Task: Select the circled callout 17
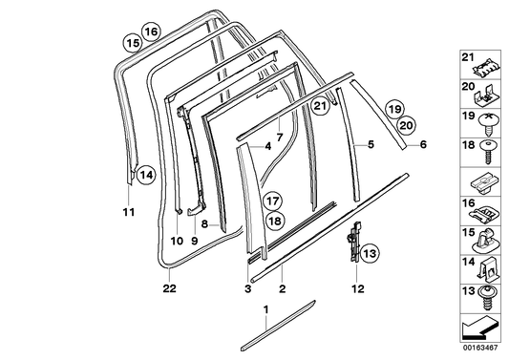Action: (x=273, y=201)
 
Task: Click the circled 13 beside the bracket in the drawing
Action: (x=370, y=252)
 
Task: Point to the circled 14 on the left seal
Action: (x=143, y=175)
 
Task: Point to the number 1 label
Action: (x=266, y=310)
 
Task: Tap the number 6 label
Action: (x=424, y=145)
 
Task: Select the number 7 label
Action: (x=279, y=138)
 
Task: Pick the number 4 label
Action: (x=242, y=145)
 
